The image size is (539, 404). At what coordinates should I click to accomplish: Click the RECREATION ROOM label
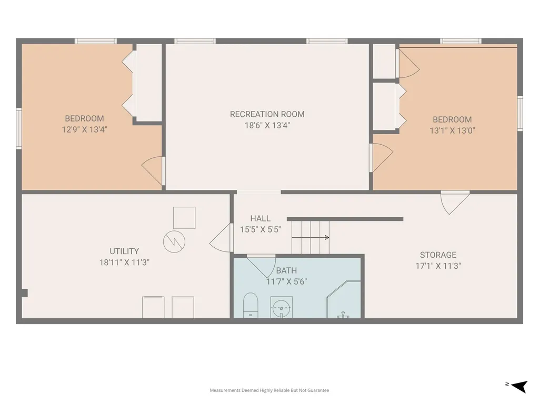(267, 114)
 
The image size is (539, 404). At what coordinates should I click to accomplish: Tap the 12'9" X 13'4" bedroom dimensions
(85, 129)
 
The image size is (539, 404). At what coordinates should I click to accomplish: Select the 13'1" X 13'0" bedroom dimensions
(452, 130)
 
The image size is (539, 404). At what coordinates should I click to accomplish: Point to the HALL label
(260, 218)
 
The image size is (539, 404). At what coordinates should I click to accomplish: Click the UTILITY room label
(124, 251)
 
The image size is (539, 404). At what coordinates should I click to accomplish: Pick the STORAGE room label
(438, 255)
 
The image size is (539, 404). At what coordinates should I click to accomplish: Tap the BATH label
(286, 271)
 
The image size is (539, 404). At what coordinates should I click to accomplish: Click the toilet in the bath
(250, 305)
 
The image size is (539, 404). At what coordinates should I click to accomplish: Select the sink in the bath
(282, 307)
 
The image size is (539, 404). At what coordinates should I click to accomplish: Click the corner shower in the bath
(344, 299)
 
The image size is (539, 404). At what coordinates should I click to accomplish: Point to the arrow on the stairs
(311, 237)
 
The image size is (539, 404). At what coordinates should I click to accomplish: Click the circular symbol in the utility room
(174, 241)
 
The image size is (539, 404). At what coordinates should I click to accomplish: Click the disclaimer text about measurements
(269, 390)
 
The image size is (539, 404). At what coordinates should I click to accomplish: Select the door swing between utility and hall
(221, 238)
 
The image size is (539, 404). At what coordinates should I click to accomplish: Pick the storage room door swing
(454, 203)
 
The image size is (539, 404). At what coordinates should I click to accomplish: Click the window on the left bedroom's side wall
(19, 128)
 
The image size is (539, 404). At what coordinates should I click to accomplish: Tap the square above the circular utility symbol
(184, 218)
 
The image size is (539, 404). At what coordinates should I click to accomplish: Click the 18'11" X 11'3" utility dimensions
(124, 262)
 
